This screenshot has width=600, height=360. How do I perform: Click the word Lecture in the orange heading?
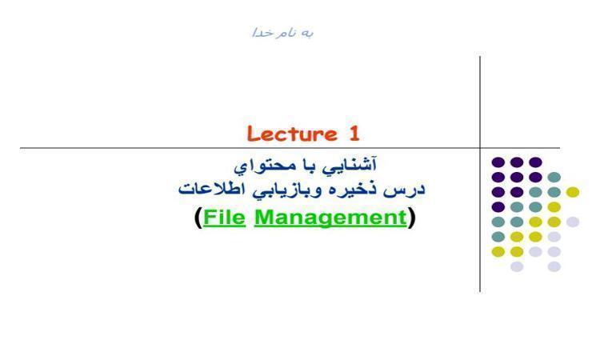click(292, 134)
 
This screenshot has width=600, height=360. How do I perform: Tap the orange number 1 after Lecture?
click(354, 134)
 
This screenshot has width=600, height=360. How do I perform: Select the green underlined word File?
click(224, 217)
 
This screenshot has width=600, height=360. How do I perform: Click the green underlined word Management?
click(330, 218)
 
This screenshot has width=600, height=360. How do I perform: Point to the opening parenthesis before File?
click(198, 218)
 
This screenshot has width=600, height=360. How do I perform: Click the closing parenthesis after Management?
click(411, 218)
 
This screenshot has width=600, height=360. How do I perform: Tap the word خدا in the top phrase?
click(262, 33)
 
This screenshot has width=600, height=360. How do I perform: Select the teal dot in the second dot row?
click(554, 177)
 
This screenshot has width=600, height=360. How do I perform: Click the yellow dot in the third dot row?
click(573, 192)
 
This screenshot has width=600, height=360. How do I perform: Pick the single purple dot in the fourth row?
click(498, 207)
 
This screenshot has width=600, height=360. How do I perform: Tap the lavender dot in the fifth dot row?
click(573, 222)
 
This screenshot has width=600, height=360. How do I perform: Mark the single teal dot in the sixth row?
click(498, 237)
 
